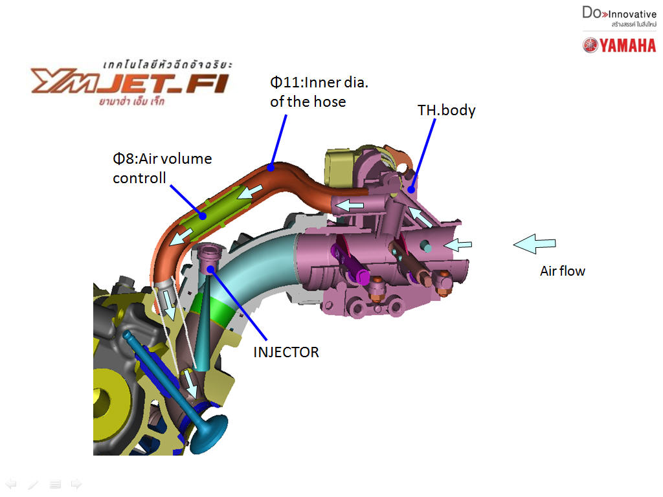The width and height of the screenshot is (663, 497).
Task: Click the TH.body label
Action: click(x=446, y=110)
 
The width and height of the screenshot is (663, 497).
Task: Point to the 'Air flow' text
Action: click(x=562, y=271)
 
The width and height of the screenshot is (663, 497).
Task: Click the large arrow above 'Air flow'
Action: click(x=534, y=243)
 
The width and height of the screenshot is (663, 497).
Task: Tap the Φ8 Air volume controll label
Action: click(x=162, y=168)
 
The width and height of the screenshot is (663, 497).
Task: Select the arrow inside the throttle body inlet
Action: click(x=460, y=245)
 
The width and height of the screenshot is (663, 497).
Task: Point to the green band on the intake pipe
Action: click(x=218, y=310)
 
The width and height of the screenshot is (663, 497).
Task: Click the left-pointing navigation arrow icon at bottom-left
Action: click(x=11, y=483)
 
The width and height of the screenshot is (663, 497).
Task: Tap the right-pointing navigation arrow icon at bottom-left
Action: click(x=76, y=483)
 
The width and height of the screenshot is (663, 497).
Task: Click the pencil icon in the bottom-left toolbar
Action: click(x=33, y=483)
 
